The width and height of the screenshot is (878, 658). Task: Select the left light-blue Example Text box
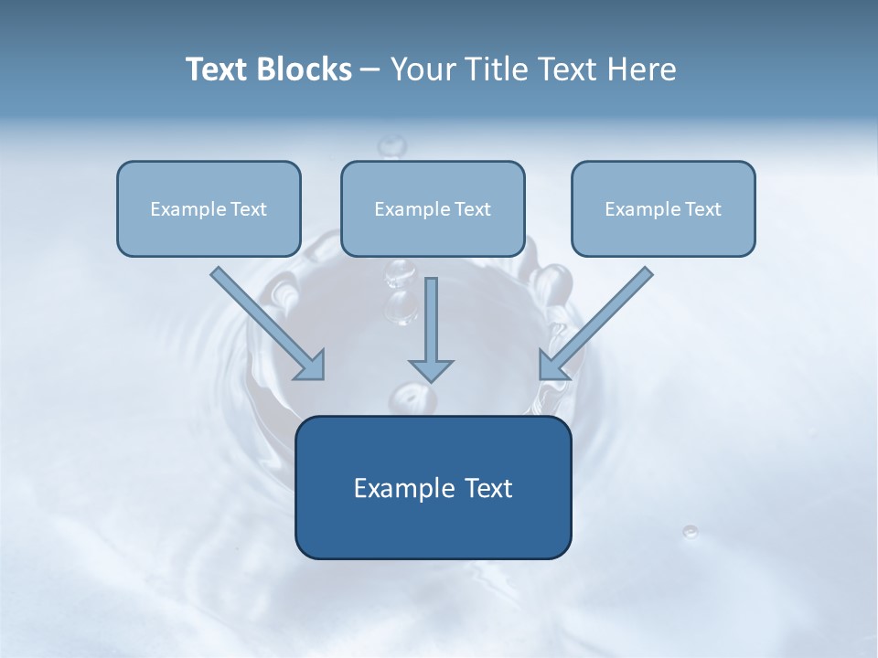[209, 208]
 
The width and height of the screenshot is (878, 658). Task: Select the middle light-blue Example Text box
[433, 208]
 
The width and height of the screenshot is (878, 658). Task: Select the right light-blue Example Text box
[663, 208]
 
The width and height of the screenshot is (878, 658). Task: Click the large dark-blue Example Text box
[433, 487]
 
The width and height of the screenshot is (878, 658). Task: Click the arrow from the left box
[265, 322]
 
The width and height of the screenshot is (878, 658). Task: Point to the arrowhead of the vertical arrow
[431, 370]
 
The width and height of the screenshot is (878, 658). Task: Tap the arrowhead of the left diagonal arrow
[312, 366]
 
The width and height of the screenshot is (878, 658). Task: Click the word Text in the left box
[248, 209]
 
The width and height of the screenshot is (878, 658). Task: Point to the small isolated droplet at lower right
[691, 531]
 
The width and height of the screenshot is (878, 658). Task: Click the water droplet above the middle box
[392, 145]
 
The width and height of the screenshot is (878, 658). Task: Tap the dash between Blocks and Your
[370, 70]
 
